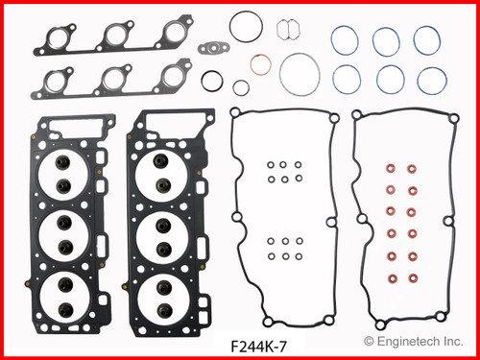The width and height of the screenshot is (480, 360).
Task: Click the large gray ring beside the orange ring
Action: [x=299, y=72]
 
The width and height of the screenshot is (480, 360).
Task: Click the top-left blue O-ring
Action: [x=341, y=40]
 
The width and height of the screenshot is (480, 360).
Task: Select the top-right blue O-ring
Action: [x=427, y=39]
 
